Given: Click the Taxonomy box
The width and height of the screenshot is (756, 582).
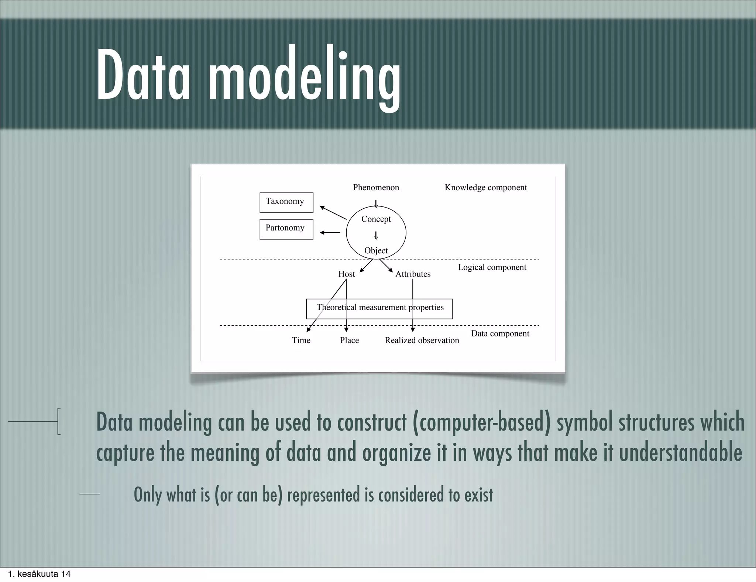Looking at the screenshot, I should [x=286, y=202].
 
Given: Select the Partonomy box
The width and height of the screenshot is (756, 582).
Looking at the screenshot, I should [x=286, y=229].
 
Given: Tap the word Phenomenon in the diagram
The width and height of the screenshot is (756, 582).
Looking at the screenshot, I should [x=376, y=187].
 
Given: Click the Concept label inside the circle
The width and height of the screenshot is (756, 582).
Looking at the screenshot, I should [x=376, y=219].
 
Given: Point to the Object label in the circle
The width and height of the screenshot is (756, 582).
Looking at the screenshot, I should [x=376, y=250].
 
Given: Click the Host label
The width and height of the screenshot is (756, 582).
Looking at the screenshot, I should [x=346, y=274].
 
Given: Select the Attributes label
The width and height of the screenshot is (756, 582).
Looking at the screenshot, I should [x=413, y=274].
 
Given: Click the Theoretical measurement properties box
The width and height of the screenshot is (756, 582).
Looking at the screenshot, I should [x=379, y=309].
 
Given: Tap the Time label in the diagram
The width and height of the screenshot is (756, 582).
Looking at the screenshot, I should [x=301, y=340].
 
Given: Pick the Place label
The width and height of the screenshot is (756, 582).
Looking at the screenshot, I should [x=349, y=340].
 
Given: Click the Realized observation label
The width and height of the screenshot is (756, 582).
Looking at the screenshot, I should [x=422, y=340].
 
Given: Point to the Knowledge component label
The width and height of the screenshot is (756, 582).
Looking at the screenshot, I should [x=485, y=187].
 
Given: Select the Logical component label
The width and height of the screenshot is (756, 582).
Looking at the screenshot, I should [x=492, y=267].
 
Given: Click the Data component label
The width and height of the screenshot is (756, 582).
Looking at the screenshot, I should [x=500, y=333].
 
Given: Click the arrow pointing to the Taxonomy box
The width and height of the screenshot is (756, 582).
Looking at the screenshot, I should [x=333, y=213].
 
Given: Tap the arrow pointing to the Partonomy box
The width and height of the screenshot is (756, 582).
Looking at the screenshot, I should [x=330, y=233].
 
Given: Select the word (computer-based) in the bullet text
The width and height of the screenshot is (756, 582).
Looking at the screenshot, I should [x=480, y=422].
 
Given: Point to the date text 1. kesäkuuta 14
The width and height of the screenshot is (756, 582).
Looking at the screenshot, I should [x=39, y=574].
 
